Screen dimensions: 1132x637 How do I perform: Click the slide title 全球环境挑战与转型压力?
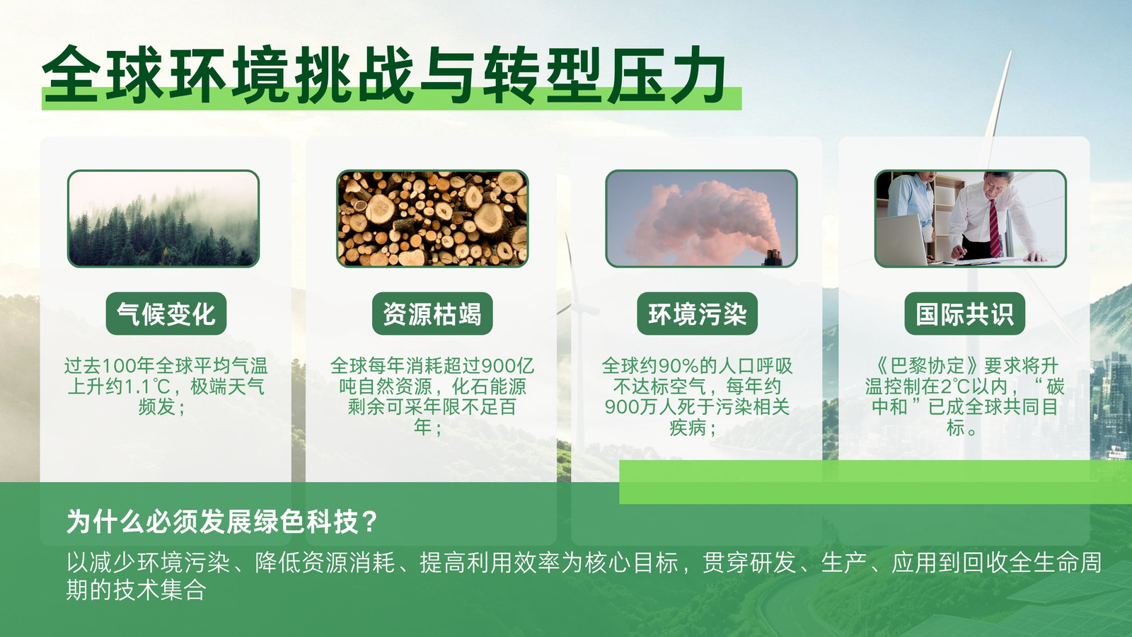click(384, 75)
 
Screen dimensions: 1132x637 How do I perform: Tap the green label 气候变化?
click(166, 314)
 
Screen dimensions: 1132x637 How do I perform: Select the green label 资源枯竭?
click(432, 314)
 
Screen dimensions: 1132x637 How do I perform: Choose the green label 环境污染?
click(698, 314)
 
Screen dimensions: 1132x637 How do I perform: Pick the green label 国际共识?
click(965, 314)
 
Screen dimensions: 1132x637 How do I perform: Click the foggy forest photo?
click(163, 219)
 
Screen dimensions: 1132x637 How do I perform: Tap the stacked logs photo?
click(432, 219)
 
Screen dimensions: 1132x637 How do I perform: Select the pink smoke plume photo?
click(701, 219)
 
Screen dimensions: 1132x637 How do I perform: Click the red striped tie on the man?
click(994, 227)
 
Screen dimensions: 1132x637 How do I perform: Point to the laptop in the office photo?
click(901, 240)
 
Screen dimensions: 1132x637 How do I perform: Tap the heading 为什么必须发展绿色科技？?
click(222, 521)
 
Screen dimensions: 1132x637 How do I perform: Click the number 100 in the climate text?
click(119, 365)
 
